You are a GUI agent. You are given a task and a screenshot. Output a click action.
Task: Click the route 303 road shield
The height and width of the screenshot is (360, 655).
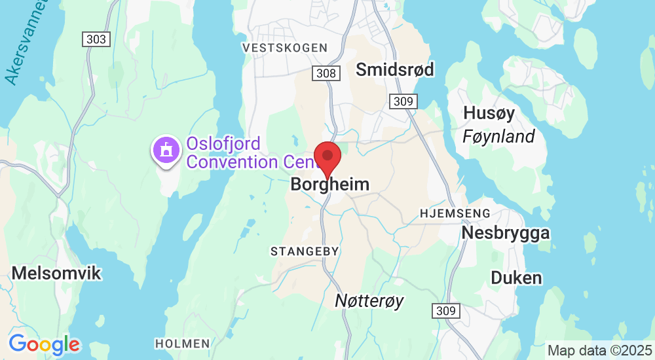(96, 39)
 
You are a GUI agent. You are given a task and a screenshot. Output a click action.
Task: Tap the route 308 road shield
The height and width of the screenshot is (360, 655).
(326, 73)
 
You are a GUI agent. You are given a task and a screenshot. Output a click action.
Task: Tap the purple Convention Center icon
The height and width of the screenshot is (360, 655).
(166, 150)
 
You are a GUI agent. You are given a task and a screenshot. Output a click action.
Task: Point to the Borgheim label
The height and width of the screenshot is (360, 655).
(329, 185)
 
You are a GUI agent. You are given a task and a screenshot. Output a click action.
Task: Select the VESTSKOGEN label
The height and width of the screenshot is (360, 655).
(284, 48)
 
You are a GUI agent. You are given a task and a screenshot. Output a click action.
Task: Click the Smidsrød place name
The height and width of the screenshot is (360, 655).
(395, 69)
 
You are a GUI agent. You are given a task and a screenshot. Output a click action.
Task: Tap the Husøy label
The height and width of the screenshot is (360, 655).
(489, 113)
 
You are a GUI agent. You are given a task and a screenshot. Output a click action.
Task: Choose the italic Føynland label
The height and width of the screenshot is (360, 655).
(498, 136)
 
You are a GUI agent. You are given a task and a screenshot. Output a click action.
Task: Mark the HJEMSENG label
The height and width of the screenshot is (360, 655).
(455, 213)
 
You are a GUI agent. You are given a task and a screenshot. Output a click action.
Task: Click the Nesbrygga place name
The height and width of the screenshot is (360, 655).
(506, 233)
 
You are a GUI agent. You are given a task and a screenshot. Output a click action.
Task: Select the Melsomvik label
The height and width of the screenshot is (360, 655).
(57, 273)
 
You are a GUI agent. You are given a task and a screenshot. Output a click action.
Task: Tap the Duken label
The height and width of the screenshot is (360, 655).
(517, 278)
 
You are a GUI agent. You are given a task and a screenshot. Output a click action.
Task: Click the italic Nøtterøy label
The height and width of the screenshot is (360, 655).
(369, 300)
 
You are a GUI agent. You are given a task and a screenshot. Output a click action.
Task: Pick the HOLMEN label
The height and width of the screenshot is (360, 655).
(183, 343)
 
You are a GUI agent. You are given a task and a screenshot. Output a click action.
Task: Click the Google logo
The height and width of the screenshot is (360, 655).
(45, 344)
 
